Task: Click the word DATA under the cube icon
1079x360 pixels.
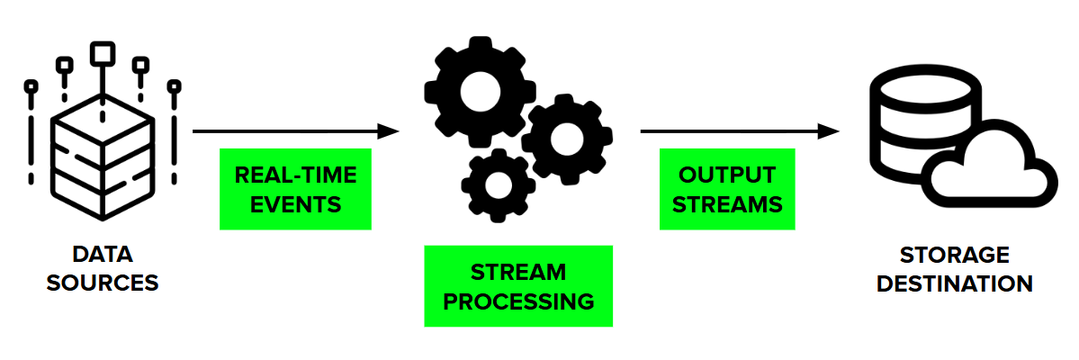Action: (102, 255)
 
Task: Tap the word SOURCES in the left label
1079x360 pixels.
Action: (102, 283)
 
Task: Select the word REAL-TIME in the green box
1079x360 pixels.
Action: (295, 175)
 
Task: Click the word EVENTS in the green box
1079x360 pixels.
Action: (295, 204)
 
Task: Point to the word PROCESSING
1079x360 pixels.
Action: (519, 301)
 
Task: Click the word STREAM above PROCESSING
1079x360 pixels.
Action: (519, 272)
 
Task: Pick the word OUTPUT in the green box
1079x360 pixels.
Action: (727, 175)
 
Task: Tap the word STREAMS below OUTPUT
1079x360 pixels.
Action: (727, 204)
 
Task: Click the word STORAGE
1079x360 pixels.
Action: (954, 255)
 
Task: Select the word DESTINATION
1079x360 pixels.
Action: (954, 283)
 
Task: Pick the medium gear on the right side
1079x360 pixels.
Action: (567, 139)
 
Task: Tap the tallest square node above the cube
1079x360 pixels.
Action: (103, 51)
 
